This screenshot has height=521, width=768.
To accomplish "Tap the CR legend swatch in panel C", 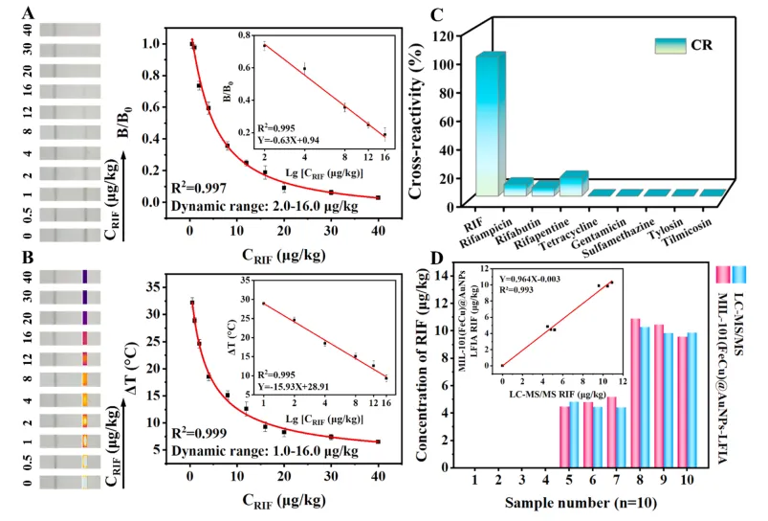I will (673, 44).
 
